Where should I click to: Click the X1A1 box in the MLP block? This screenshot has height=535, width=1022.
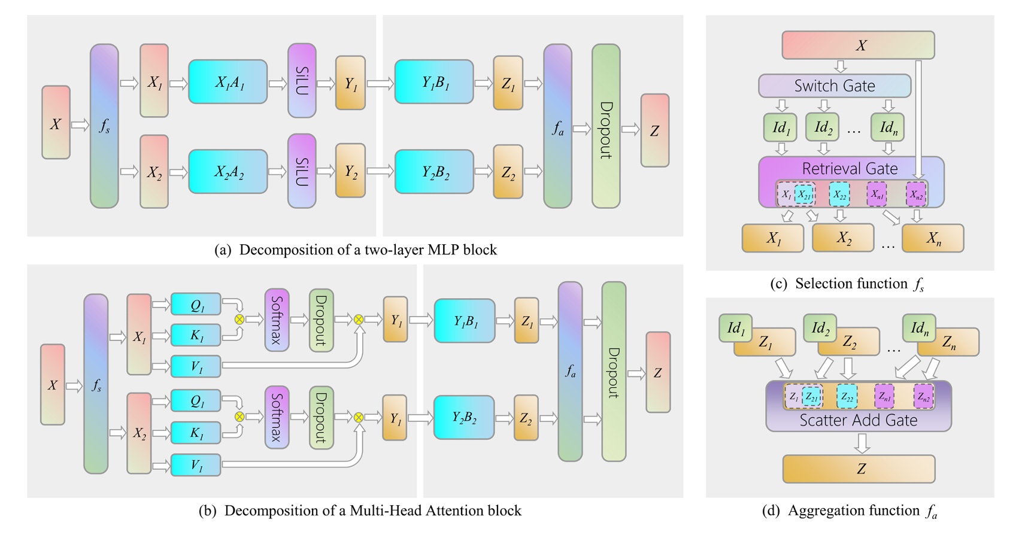coord(228,82)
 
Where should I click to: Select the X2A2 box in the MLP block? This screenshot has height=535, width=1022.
coord(228,172)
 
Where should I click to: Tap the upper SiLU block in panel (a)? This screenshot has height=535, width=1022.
coord(302,80)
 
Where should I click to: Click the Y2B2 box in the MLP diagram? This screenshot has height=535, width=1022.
coord(434,172)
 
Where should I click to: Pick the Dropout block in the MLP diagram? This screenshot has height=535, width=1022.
coord(606,126)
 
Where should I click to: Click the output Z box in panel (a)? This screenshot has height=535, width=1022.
coord(654,130)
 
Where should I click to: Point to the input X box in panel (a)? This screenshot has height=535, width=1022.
coord(56,123)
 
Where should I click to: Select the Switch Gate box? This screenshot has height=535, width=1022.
coord(834,86)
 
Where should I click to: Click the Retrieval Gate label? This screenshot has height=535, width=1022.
coord(850,169)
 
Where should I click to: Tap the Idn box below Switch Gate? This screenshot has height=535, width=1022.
coord(888,127)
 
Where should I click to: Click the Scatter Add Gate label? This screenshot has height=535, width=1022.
coord(858,421)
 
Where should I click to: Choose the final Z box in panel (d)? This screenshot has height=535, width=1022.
coord(859,469)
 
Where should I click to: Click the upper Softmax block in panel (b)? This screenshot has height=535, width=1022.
coord(277,320)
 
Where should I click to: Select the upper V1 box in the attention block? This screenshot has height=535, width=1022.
coord(196,366)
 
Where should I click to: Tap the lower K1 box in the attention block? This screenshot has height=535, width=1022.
coord(196,433)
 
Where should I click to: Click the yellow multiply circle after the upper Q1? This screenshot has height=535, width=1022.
coord(239,320)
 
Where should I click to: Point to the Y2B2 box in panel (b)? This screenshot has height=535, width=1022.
coord(464,418)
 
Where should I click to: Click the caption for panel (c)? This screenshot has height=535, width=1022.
coord(847,284)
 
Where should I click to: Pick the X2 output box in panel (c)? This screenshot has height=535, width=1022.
coord(844,238)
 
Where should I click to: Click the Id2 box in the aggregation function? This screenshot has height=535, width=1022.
coord(820,328)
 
